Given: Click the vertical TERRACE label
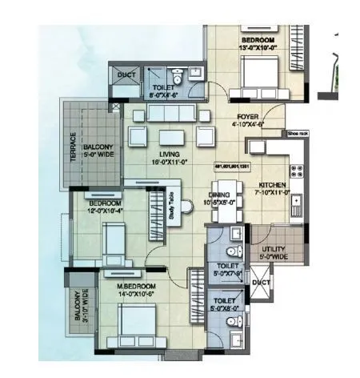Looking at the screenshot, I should point(72,148).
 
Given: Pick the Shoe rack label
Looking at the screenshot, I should point(298,135).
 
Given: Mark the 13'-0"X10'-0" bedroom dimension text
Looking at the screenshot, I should point(258,48).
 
